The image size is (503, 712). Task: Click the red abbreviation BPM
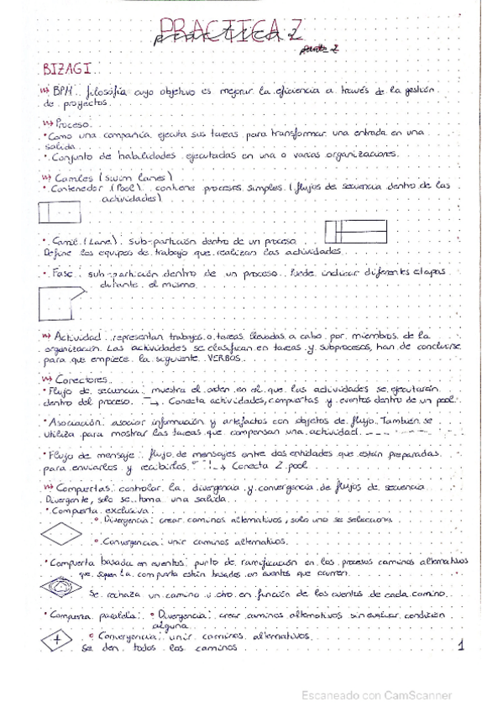point(62,91)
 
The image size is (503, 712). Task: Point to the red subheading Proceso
point(71,123)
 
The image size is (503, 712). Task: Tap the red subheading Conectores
point(79,379)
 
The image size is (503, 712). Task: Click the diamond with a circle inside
point(60,587)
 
